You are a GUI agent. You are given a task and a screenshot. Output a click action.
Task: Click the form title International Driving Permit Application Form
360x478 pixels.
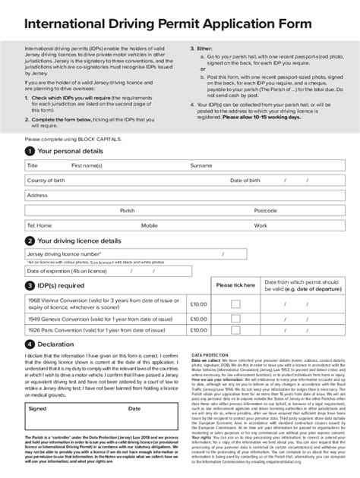pyautogui.click(x=168, y=25)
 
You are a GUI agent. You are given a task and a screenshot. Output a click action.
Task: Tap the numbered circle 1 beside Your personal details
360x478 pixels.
pyautogui.click(x=29, y=152)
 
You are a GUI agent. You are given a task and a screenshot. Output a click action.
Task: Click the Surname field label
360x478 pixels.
pyautogui.click(x=201, y=165)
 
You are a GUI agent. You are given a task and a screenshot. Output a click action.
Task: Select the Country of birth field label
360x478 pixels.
pyautogui.click(x=48, y=181)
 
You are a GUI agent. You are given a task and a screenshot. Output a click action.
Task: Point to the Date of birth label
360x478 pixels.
pyautogui.click(x=245, y=181)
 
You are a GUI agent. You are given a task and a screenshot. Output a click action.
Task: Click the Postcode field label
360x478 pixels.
pyautogui.click(x=265, y=210)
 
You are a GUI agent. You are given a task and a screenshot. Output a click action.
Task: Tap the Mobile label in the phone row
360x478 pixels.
pyautogui.click(x=149, y=225)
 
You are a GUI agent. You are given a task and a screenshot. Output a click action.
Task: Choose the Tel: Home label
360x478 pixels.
pyautogui.click(x=39, y=225)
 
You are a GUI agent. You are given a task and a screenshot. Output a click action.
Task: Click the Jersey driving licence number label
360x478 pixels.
pyautogui.click(x=64, y=254)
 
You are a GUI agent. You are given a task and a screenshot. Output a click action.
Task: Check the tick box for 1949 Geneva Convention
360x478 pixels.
pyautogui.click(x=235, y=319)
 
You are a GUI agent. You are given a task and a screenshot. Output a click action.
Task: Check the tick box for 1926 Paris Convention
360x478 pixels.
pyautogui.click(x=235, y=331)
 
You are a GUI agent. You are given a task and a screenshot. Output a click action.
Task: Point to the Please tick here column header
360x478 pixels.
pyautogui.click(x=235, y=285)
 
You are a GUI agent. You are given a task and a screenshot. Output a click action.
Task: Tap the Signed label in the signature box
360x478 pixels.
pyautogui.click(x=37, y=407)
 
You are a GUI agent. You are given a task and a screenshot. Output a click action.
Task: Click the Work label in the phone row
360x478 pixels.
pyautogui.click(x=261, y=225)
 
